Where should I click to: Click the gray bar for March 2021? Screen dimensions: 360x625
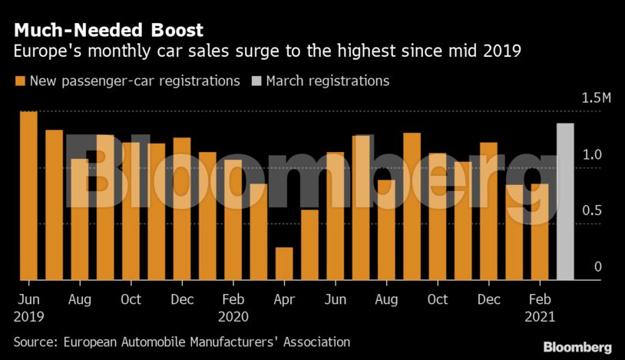[565, 202]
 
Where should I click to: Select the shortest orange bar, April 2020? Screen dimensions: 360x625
[284, 263]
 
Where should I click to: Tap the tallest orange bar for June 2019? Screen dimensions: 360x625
[28, 196]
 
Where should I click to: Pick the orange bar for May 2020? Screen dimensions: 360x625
[309, 244]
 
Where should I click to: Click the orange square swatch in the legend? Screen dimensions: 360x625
[18, 81]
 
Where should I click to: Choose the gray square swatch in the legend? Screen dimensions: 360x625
[256, 81]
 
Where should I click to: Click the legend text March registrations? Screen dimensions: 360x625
[328, 81]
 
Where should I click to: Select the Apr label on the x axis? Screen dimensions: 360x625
[284, 299]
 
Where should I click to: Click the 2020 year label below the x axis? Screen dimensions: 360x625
[233, 315]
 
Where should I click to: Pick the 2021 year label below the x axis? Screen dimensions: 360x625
[540, 315]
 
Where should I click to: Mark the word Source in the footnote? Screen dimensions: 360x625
[35, 342]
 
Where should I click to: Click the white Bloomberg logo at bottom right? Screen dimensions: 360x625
[577, 347]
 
